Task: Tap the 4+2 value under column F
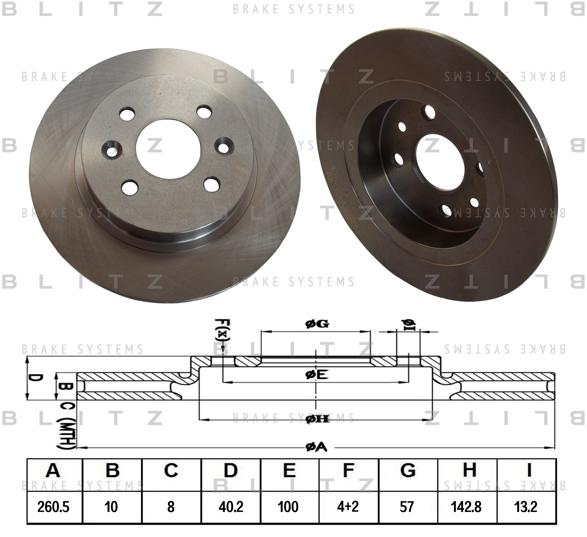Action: pyautogui.click(x=348, y=506)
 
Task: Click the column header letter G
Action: pyautogui.click(x=408, y=470)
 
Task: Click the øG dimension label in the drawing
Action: pyautogui.click(x=317, y=324)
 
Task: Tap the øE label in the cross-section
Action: pyautogui.click(x=317, y=375)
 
